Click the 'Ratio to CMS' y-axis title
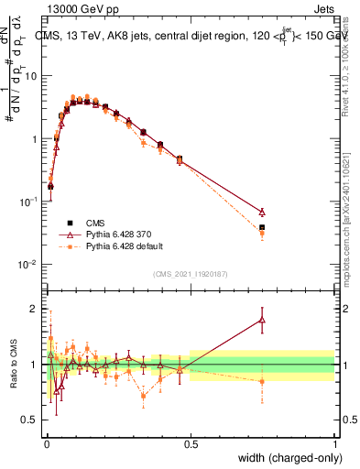(14, 365)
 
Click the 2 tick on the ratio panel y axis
(35, 309)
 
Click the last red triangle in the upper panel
(262, 212)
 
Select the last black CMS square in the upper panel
(262, 227)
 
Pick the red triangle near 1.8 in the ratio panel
(262, 320)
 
